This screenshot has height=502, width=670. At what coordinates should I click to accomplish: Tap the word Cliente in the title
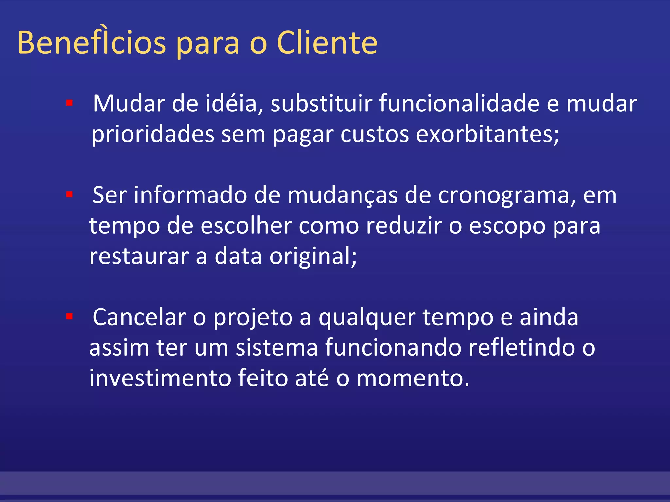[x=327, y=42]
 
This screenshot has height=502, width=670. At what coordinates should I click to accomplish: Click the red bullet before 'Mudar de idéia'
[x=69, y=103]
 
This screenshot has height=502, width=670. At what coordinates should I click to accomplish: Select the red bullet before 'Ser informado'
[x=69, y=195]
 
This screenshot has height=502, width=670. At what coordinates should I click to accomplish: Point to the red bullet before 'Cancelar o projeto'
[x=69, y=316]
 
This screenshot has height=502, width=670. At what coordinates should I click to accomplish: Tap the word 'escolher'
[x=246, y=226]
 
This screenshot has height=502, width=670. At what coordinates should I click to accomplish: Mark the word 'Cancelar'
[x=139, y=317]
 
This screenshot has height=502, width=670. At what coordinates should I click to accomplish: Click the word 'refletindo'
[x=521, y=348]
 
